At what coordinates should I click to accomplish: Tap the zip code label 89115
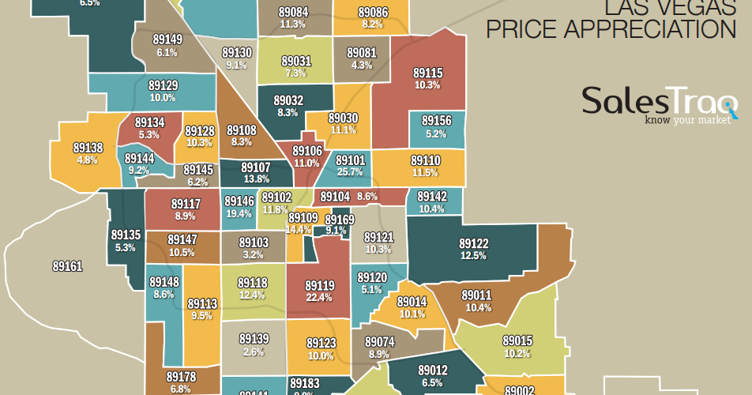tap(427, 73)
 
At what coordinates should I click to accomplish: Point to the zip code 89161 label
tap(67, 266)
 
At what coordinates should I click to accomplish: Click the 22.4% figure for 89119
tap(320, 297)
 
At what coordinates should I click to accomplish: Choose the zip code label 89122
tap(474, 243)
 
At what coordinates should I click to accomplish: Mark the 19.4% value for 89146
tap(239, 213)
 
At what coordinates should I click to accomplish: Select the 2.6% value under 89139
tap(254, 352)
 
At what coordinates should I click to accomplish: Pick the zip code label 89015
tap(517, 340)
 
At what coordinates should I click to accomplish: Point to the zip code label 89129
tap(163, 85)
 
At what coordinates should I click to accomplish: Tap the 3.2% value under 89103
tap(254, 254)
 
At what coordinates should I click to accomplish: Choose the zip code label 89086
tap(373, 13)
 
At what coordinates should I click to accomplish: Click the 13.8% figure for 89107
tap(255, 180)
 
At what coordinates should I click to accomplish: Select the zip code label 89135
tap(126, 235)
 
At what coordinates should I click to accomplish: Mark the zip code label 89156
tap(436, 121)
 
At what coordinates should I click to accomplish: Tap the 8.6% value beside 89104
tap(367, 196)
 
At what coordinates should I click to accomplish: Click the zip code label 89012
tap(433, 369)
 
